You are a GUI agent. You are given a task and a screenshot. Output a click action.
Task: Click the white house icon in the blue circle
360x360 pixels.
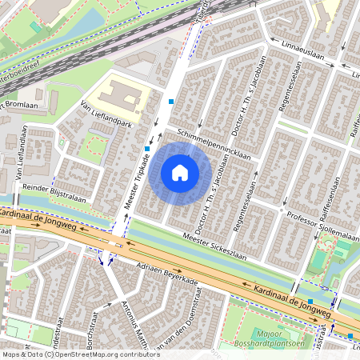(180, 172)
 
